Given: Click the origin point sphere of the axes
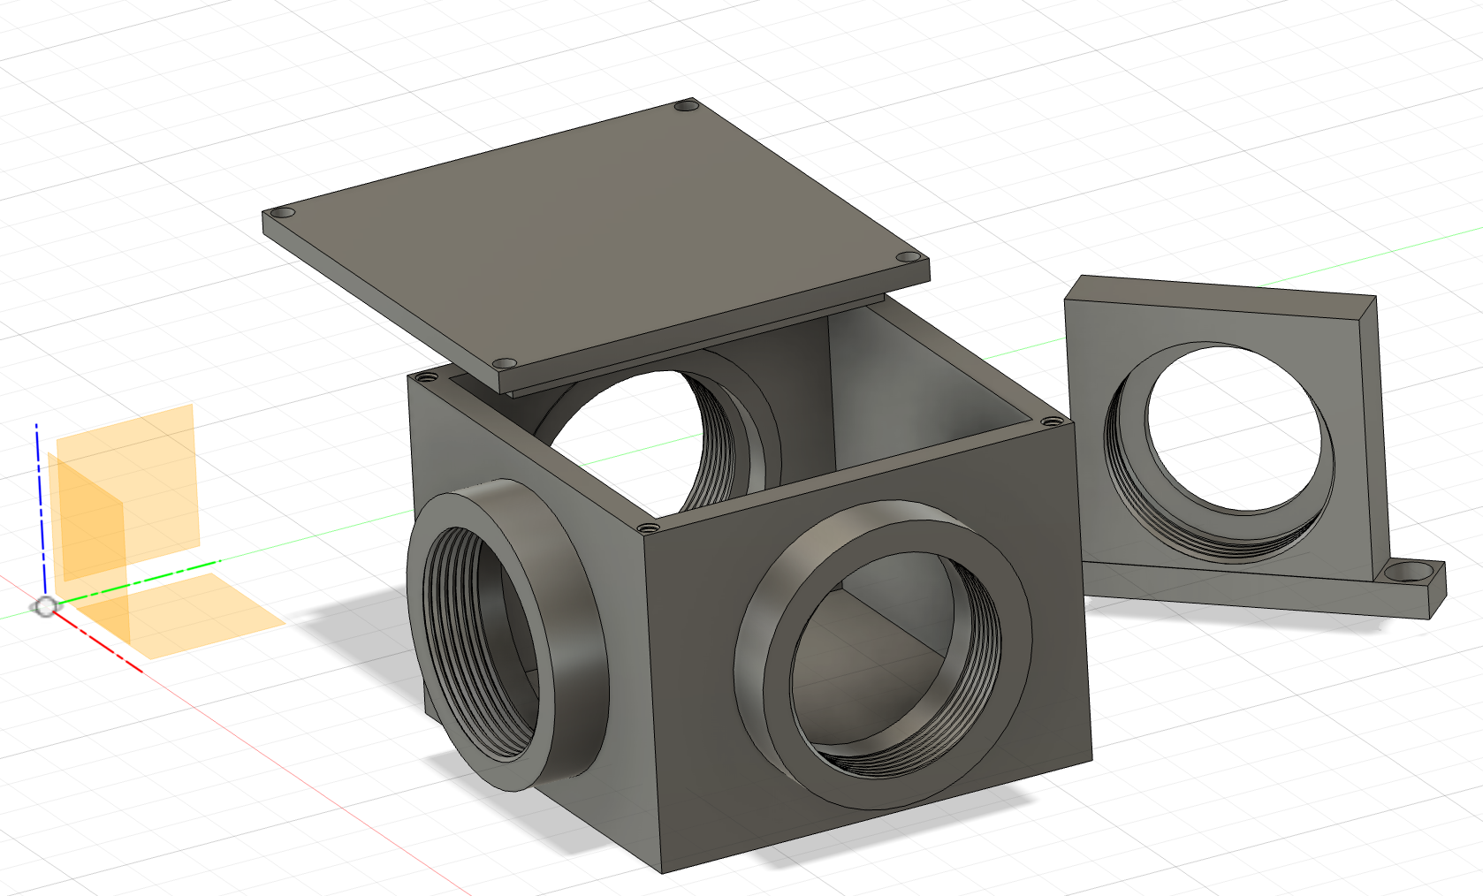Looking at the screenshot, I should (x=46, y=606).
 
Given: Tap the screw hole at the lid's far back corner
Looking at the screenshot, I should (x=685, y=106).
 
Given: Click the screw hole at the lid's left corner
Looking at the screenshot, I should (x=284, y=214).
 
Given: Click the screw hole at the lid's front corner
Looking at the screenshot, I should (x=504, y=363).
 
